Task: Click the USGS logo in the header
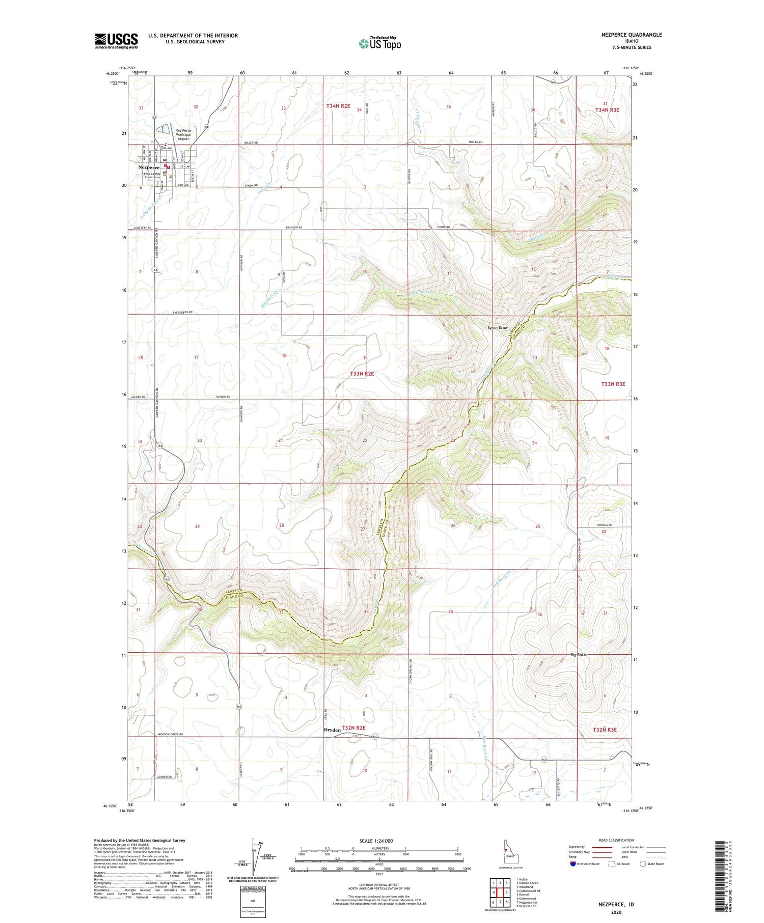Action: [x=116, y=41]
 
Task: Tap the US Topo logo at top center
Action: [x=379, y=44]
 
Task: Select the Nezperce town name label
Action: [x=149, y=167]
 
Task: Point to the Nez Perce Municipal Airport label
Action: [x=182, y=134]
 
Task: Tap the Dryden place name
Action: [x=332, y=730]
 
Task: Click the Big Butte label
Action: [x=579, y=655]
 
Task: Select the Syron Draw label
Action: [x=498, y=327]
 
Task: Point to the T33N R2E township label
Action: [x=362, y=374]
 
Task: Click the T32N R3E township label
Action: [x=605, y=730]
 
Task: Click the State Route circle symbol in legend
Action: [x=643, y=863]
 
